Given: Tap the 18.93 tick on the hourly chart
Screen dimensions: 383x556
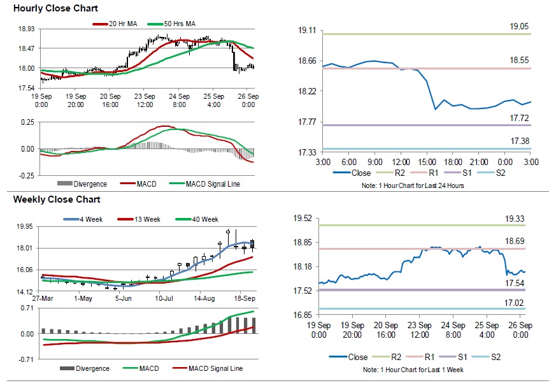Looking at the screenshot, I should click(26, 29).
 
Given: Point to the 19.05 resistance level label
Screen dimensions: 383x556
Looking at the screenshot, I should click(519, 27).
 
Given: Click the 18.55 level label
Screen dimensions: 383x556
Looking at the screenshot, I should click(519, 61).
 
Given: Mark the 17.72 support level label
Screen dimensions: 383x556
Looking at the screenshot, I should click(519, 118).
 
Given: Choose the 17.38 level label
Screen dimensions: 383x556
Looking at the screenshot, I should click(519, 141).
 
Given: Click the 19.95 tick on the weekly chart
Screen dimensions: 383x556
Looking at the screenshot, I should click(26, 226).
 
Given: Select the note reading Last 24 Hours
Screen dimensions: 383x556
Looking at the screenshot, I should click(422, 185).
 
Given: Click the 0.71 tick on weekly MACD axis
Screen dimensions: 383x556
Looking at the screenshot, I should click(27, 308).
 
